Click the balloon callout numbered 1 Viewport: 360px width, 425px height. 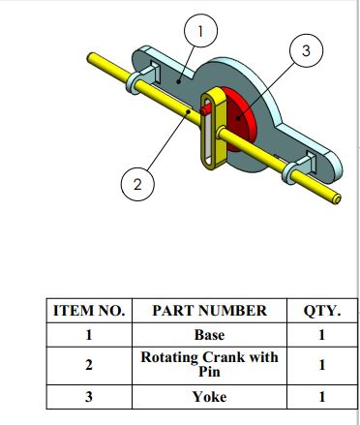200,31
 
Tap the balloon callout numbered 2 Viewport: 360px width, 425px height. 137,184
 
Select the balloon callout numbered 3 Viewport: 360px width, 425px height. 306,50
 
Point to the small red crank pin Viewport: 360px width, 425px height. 204,110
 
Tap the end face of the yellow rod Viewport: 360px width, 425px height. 337,199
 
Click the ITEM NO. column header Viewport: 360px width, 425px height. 89,311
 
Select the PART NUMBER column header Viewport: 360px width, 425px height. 210,311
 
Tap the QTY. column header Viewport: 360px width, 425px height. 321,311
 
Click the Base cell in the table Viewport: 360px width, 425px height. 209,335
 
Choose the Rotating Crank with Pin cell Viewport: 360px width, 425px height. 209,365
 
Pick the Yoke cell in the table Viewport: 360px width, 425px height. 209,397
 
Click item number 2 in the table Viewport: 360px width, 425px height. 89,365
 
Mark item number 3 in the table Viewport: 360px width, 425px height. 89,397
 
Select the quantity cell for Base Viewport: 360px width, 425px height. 321,335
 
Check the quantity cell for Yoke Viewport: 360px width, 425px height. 321,397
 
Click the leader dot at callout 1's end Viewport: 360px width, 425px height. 179,82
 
